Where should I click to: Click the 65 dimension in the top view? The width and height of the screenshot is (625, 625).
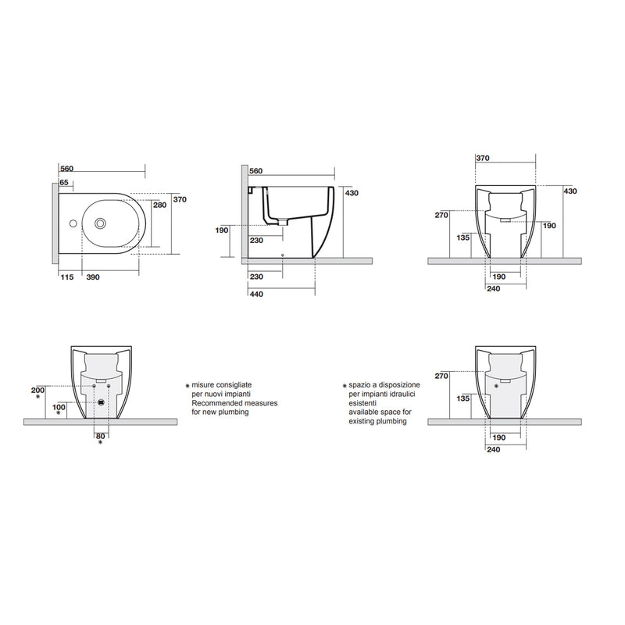tap(64, 182)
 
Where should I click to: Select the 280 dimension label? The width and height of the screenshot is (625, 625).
tap(159, 205)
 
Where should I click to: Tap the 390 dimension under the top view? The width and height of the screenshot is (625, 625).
tap(92, 277)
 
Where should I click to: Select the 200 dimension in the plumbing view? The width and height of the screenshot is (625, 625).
tap(37, 388)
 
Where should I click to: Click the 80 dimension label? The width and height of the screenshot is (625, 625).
tap(99, 435)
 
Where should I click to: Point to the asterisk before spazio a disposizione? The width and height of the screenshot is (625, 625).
tap(344, 386)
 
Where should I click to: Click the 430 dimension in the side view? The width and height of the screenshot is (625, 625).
tap(351, 193)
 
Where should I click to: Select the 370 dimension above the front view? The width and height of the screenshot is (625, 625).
tap(482, 158)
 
